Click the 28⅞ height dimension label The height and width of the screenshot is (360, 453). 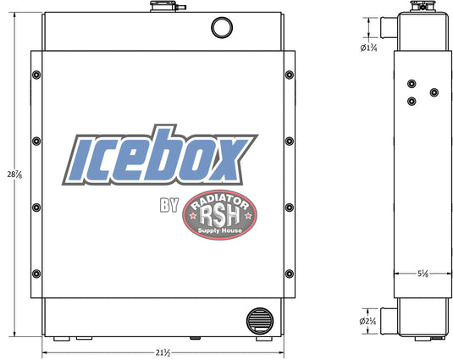(14, 174)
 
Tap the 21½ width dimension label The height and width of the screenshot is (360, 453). (163, 352)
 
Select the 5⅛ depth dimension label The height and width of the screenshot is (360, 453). (423, 274)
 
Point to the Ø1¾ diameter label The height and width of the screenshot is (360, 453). (368, 47)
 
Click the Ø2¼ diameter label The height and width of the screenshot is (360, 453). (367, 321)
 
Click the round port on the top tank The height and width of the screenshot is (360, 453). (222, 27)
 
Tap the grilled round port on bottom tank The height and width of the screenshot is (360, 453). (259, 321)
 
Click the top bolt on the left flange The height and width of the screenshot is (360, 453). (36, 75)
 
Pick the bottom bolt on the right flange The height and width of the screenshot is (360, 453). (290, 274)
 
